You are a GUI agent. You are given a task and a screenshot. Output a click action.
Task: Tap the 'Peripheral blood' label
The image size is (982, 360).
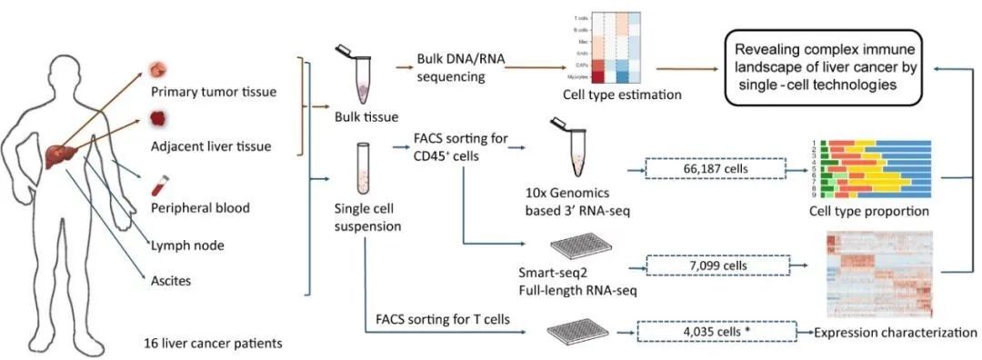[x=201, y=208]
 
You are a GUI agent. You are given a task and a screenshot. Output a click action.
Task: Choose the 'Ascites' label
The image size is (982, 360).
[x=170, y=281]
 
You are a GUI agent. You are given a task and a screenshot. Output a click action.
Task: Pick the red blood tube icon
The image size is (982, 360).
[x=160, y=187]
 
